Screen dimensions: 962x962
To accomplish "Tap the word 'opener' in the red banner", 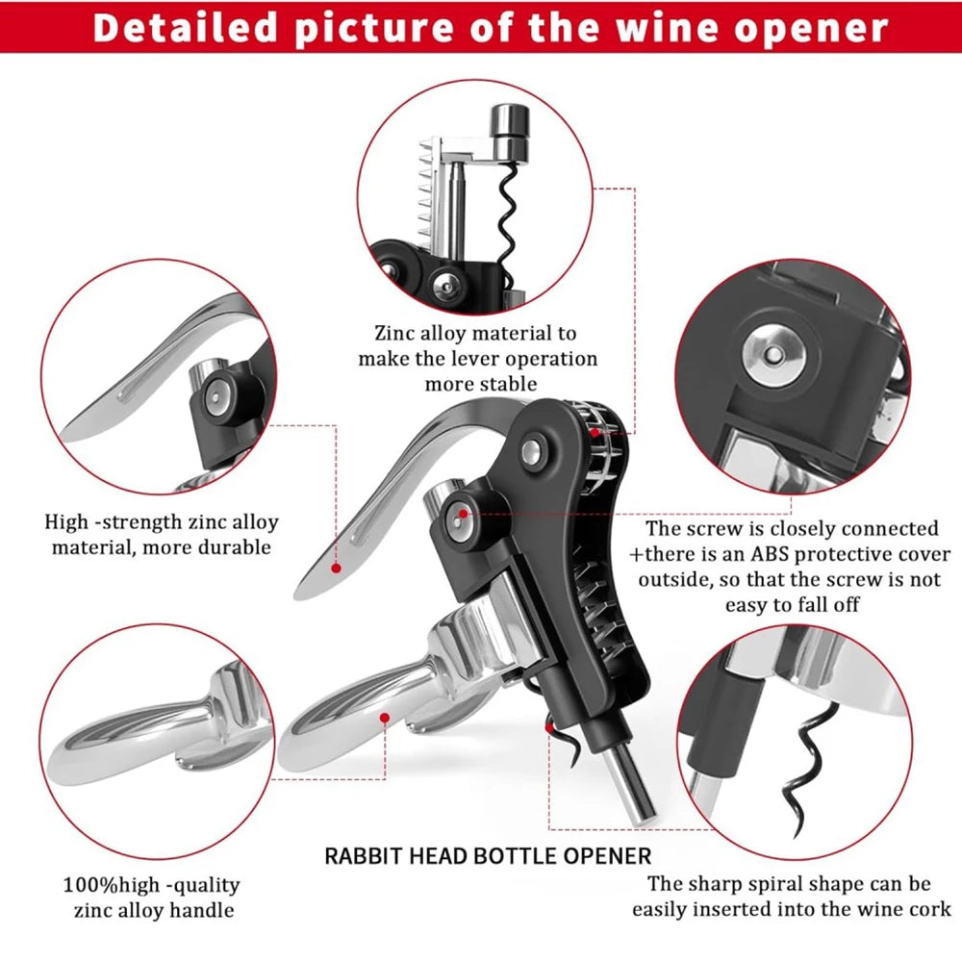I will click(x=817, y=28).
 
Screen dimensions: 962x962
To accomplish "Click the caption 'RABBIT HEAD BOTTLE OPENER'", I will click(x=488, y=854).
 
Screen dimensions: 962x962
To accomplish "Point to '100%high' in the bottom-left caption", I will click(x=108, y=885).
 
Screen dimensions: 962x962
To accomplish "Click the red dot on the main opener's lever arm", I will click(x=337, y=568).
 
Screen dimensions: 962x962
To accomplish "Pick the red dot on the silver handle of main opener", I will click(x=384, y=717).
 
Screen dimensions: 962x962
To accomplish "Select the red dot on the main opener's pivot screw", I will click(x=463, y=514).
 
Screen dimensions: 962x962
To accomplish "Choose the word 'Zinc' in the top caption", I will click(x=394, y=334).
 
